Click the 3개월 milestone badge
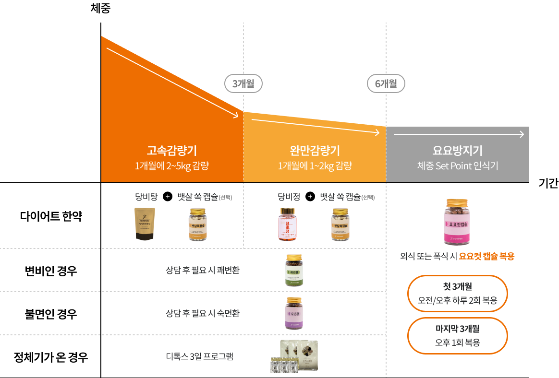pyautogui.click(x=243, y=84)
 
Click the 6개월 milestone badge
pyautogui.click(x=386, y=84)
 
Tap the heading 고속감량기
pyautogui.click(x=172, y=151)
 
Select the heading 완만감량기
pyautogui.click(x=315, y=151)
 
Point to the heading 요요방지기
pyautogui.click(x=457, y=151)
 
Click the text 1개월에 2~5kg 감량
pyautogui.click(x=172, y=166)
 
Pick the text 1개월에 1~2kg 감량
pyautogui.click(x=315, y=166)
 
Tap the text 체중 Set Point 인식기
pyautogui.click(x=457, y=166)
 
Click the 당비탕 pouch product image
pyautogui.click(x=145, y=224)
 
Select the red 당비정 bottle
pyautogui.click(x=288, y=224)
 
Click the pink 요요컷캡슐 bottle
pyautogui.click(x=457, y=222)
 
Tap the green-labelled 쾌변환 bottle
pyautogui.click(x=294, y=270)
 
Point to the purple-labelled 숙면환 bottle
pyautogui.click(x=294, y=313)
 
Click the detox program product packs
pyautogui.click(x=294, y=356)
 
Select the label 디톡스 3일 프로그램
pyautogui.click(x=199, y=356)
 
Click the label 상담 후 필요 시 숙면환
pyautogui.click(x=202, y=313)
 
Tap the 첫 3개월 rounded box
pyautogui.click(x=457, y=294)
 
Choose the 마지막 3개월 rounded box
pyautogui.click(x=457, y=336)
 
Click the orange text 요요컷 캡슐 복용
pyautogui.click(x=486, y=256)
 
